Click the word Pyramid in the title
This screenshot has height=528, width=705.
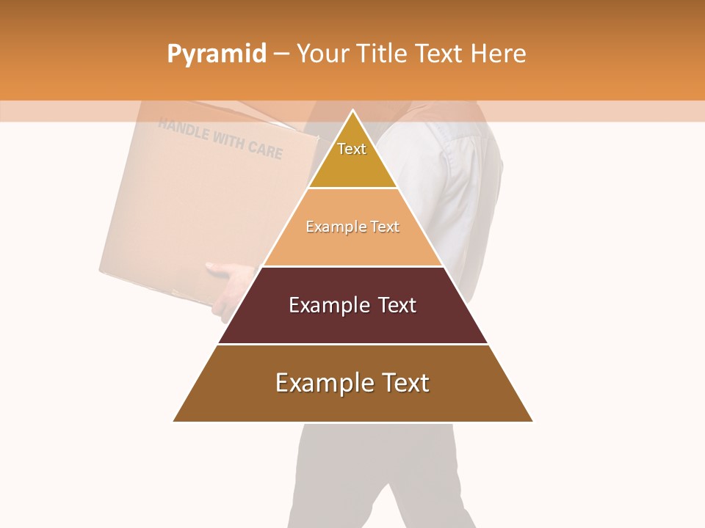point(216,54)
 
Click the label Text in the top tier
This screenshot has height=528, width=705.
point(352,149)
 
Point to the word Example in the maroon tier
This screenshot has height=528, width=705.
point(328,305)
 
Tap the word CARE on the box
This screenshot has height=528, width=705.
point(265,150)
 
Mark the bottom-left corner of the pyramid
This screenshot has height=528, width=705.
point(174,421)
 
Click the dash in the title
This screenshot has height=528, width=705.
point(281,54)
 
